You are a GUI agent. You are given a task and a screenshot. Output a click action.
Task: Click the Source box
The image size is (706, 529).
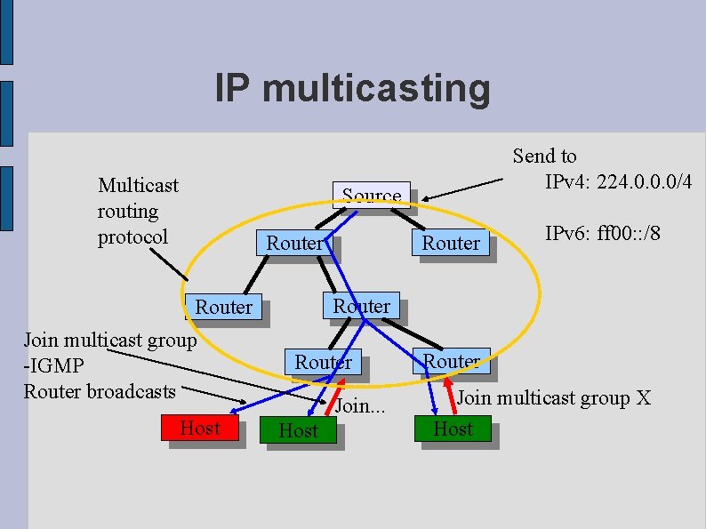coord(372,195)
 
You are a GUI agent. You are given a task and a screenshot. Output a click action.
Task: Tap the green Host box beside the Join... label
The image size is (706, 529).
coord(298,431)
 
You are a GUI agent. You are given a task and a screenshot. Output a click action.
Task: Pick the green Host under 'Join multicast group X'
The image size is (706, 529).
coord(453,429)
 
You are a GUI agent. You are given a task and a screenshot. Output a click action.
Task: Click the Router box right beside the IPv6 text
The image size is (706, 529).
coord(451,243)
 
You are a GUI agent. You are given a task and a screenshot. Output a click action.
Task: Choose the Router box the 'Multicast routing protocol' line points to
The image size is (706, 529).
coord(223,307)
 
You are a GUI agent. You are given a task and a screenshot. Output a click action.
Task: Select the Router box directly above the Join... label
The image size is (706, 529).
coord(323,362)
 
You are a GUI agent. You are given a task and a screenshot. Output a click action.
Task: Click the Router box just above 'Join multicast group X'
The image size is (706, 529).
coord(452,361)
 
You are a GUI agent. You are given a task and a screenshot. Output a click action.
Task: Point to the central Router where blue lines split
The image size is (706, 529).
coord(361,306)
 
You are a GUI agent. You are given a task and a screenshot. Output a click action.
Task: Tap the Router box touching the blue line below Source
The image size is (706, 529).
coord(294,243)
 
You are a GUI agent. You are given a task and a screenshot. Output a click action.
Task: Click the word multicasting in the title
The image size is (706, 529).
coord(377,89)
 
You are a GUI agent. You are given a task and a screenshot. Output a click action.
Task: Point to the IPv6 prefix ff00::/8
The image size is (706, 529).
coord(627,234)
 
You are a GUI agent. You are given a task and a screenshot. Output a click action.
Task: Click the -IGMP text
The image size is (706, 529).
coord(54,365)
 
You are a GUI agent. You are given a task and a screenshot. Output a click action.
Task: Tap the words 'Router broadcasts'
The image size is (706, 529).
coord(100,390)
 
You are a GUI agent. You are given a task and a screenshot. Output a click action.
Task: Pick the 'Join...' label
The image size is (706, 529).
coord(360,406)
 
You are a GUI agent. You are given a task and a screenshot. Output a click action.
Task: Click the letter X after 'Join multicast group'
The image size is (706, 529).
coord(644,397)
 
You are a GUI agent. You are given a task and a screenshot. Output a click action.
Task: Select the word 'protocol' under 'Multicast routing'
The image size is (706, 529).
coord(132,237)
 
